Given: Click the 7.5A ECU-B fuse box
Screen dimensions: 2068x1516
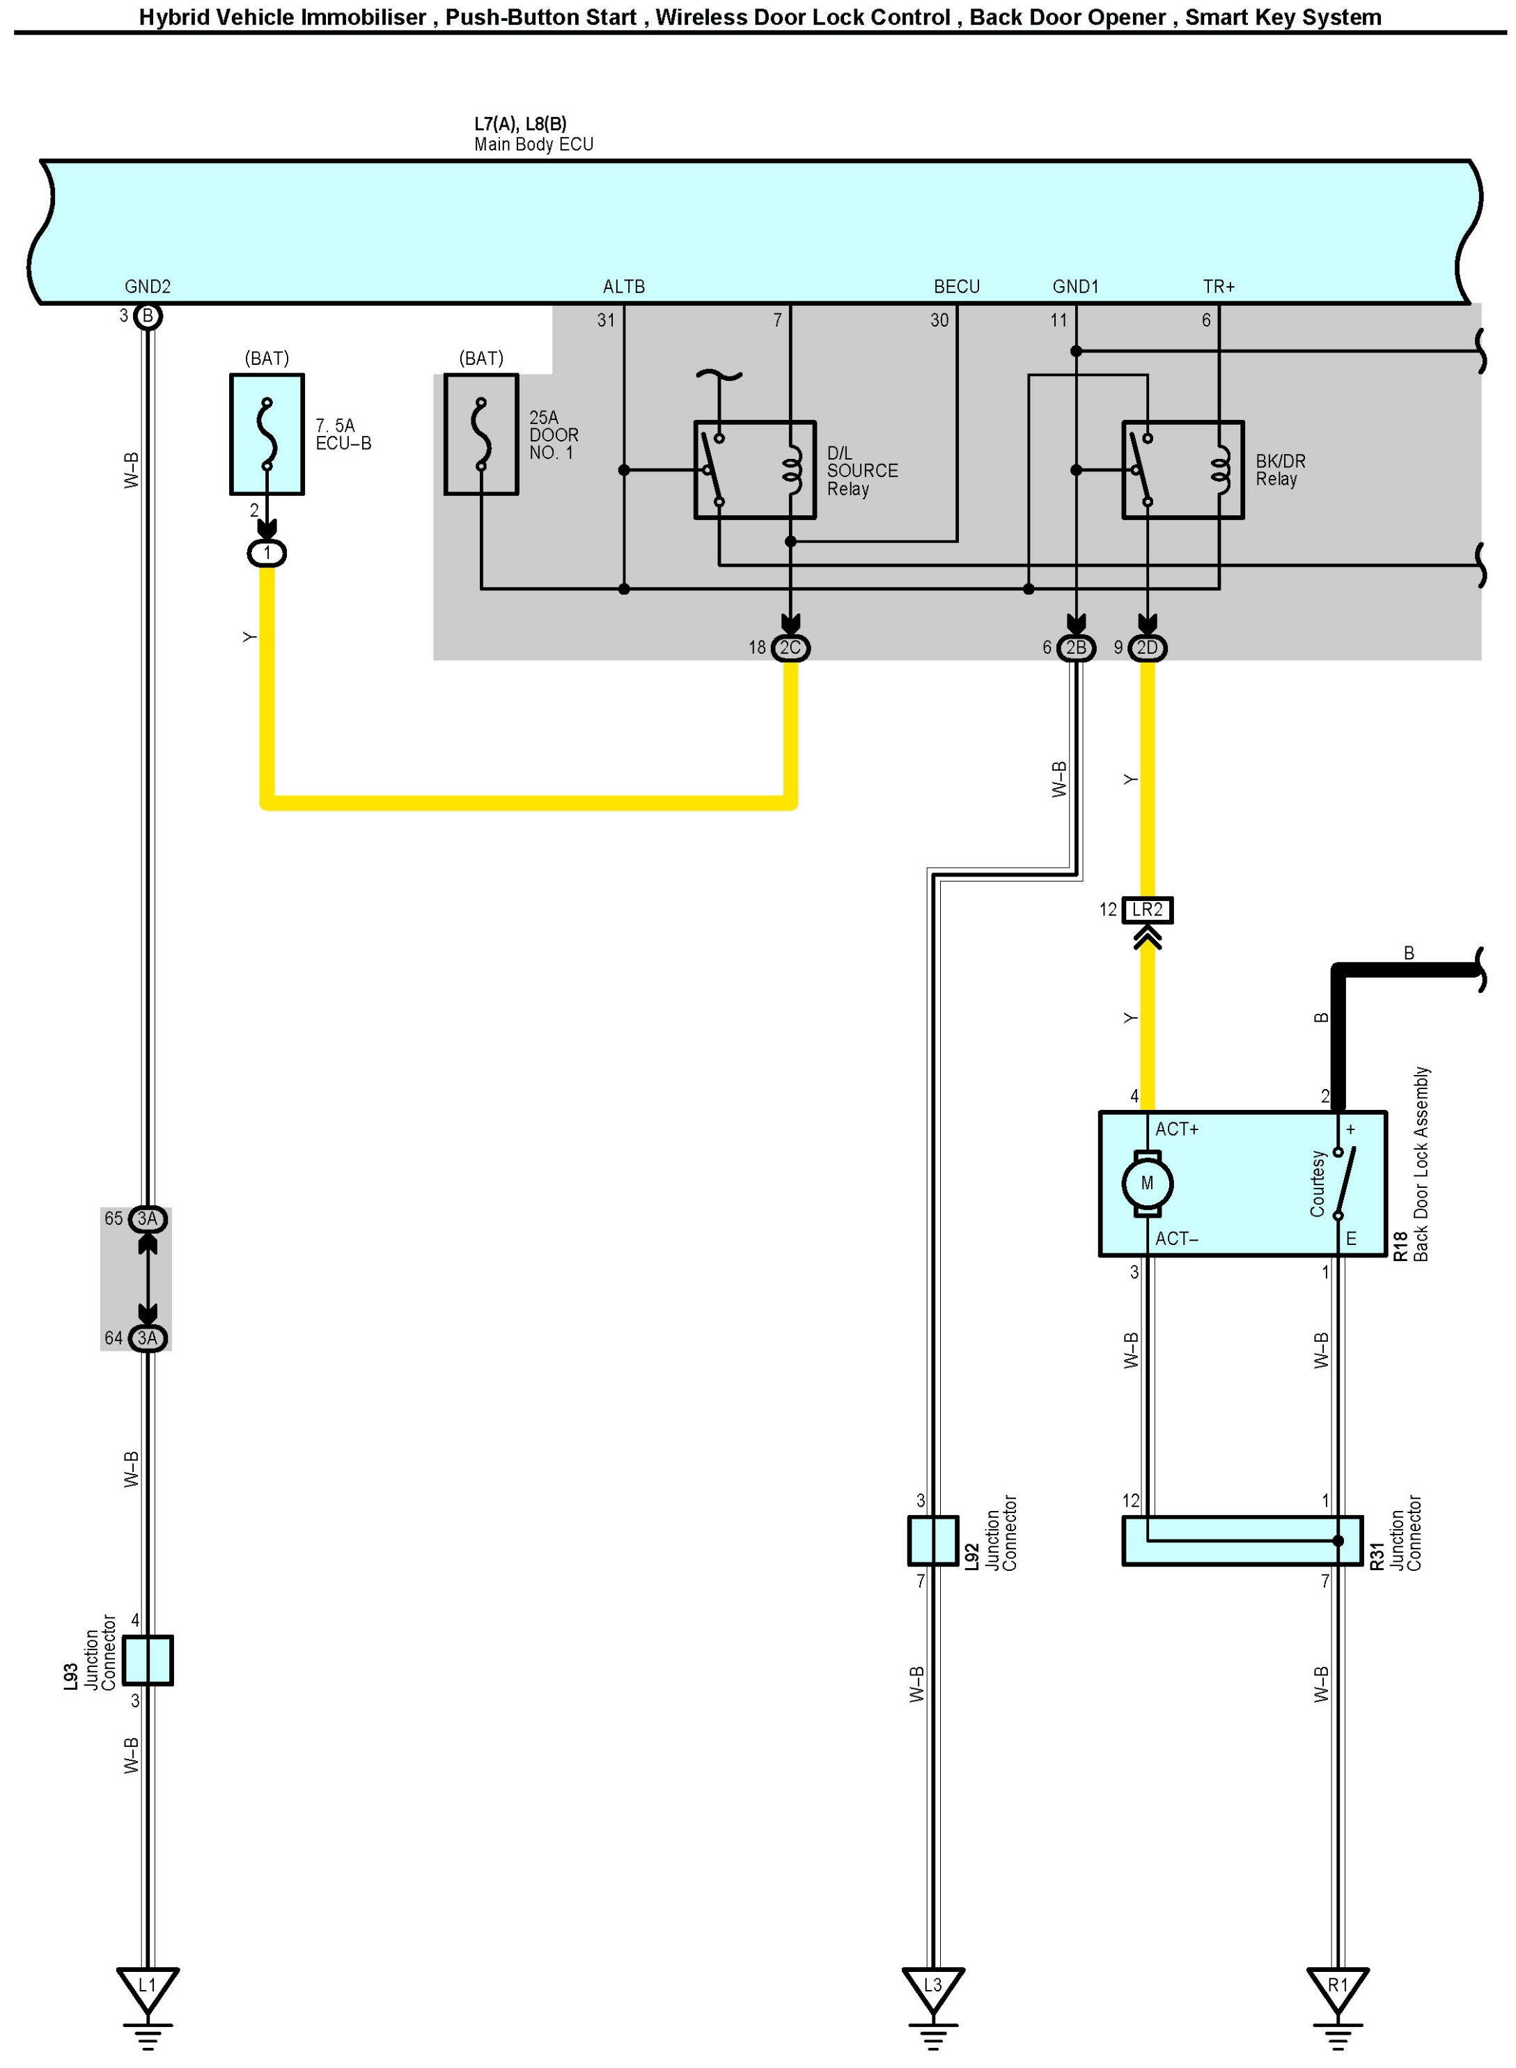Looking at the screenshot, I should [266, 434].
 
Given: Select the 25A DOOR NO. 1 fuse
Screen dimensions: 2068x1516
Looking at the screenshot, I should [481, 434].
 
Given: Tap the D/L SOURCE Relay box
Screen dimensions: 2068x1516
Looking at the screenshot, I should [754, 470].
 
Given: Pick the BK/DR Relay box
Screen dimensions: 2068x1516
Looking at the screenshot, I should [1183, 470].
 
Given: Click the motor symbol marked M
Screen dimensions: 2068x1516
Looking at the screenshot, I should [1147, 1182].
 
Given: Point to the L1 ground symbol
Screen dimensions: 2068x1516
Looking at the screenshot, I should [147, 1987].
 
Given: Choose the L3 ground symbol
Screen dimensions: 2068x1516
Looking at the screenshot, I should [932, 1987].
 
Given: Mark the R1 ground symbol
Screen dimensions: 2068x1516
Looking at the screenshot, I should [1338, 1987].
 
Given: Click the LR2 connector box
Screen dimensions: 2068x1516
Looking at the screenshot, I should [1147, 909].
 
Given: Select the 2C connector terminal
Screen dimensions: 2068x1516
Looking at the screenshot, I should [790, 648].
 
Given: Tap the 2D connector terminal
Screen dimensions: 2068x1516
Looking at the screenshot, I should [1147, 648].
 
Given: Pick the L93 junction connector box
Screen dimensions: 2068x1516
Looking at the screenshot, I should [147, 1660].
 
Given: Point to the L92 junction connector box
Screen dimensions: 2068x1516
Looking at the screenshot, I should [932, 1540].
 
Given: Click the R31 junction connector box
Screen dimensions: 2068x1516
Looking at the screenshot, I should [1242, 1540].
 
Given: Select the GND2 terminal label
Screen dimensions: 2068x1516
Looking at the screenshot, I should [147, 286].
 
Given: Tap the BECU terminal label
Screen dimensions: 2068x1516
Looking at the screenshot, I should [956, 286].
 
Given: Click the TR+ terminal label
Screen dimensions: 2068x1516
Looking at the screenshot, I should [1219, 286].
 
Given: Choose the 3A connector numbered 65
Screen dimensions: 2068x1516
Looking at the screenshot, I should [147, 1219].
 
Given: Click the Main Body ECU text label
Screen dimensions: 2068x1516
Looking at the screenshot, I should [533, 144].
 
